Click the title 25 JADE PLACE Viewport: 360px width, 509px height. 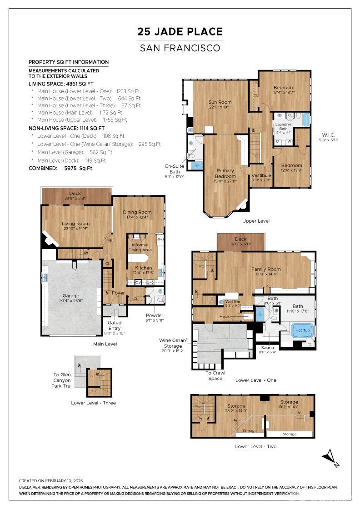coord(180,31)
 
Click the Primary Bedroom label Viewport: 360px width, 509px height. coord(225,173)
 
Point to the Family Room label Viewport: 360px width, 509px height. coord(266,269)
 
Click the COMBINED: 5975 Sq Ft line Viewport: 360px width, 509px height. coord(60,168)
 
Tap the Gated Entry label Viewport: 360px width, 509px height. coord(114,325)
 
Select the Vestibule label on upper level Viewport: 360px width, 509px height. coord(261,175)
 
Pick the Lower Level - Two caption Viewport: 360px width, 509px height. coord(255,446)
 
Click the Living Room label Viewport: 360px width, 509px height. coord(75,224)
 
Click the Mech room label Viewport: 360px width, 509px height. coord(224,316)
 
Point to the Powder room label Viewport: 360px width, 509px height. coord(154,315)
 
